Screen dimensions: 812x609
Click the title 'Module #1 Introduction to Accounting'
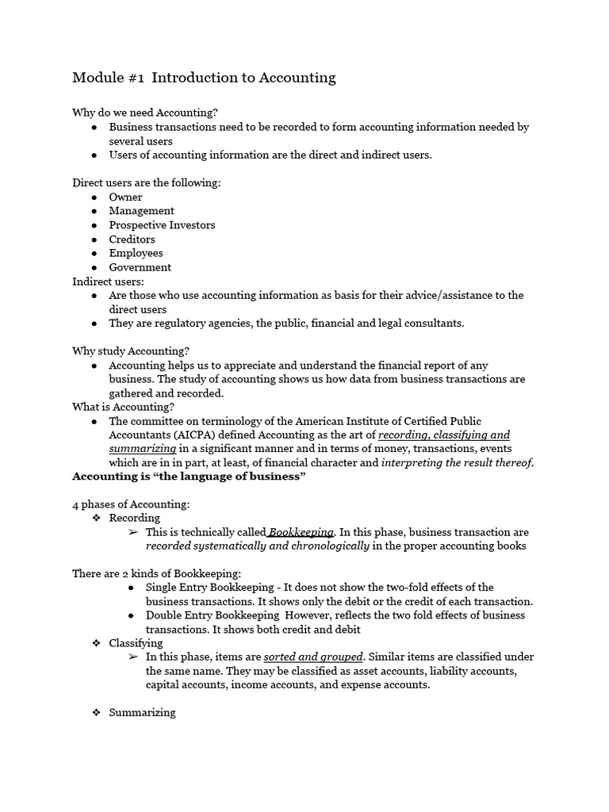click(x=204, y=78)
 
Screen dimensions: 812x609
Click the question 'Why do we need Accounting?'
click(x=145, y=113)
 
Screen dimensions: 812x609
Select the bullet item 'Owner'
click(x=125, y=197)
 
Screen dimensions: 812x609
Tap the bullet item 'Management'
click(x=141, y=211)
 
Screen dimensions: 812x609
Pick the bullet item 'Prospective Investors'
click(x=162, y=225)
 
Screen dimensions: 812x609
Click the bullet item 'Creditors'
click(x=132, y=239)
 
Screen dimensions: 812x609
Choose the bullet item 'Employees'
click(x=136, y=253)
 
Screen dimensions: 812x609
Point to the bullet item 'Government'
click(x=140, y=267)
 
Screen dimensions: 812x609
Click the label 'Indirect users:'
click(x=109, y=282)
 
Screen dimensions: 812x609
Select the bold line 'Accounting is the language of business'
click(x=189, y=477)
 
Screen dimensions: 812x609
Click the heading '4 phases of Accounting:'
click(x=131, y=504)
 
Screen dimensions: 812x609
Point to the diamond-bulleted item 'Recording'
click(x=134, y=518)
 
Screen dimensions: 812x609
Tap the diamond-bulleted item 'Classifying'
click(x=136, y=643)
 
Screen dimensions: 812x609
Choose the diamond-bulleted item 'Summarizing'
click(x=142, y=712)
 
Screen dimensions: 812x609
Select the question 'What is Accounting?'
click(x=123, y=407)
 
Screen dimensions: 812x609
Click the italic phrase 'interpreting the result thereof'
click(x=457, y=463)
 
